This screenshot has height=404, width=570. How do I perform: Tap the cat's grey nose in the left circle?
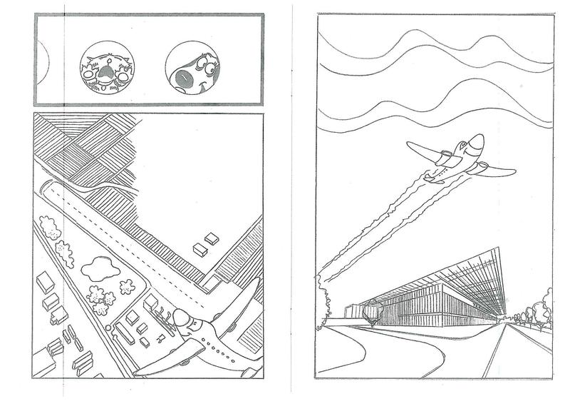[105, 70]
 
